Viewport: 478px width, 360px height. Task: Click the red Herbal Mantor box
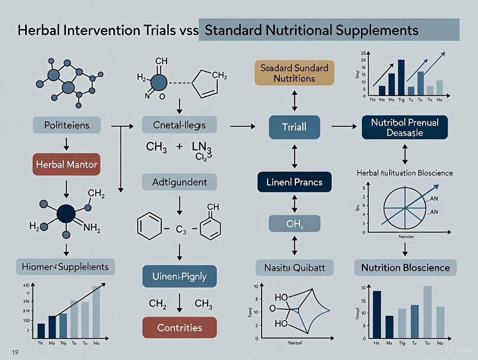[x=66, y=164]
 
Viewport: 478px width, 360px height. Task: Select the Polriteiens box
[x=67, y=125]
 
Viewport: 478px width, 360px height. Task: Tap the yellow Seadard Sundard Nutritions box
[x=294, y=73]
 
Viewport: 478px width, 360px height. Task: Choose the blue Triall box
[x=294, y=128]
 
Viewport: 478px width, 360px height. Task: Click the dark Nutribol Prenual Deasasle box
[x=405, y=128]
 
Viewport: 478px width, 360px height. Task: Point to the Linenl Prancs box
[x=294, y=182]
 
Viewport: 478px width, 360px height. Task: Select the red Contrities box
[x=180, y=328]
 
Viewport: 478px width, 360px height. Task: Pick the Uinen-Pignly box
[x=180, y=276]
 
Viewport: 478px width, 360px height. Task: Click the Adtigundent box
[x=180, y=182]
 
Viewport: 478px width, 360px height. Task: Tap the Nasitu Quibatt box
[x=294, y=267]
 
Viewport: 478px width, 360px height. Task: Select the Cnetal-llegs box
[x=180, y=125]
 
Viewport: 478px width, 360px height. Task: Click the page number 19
[x=15, y=352]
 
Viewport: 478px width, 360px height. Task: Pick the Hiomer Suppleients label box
[x=66, y=267]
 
